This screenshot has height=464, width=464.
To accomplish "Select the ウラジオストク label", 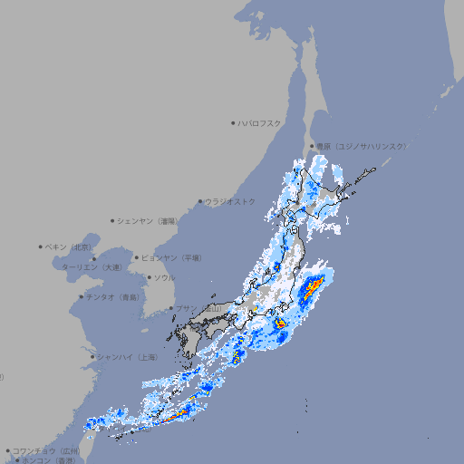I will [x=230, y=201].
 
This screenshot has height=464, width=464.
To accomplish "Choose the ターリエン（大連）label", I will [x=92, y=267].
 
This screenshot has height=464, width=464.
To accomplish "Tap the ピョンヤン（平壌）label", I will [x=170, y=257].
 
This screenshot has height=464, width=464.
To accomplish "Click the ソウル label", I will [x=164, y=277].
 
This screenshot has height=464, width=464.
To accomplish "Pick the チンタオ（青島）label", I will [x=112, y=296].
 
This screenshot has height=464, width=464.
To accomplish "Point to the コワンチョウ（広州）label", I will [x=46, y=450].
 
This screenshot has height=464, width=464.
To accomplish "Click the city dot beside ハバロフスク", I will [x=233, y=122].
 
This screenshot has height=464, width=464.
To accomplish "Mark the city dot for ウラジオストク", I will [x=200, y=201].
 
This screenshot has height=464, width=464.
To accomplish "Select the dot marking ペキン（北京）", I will [x=41, y=246].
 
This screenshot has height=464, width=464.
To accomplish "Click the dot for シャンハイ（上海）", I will [x=92, y=357].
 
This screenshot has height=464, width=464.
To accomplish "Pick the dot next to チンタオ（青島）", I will [x=81, y=296].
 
